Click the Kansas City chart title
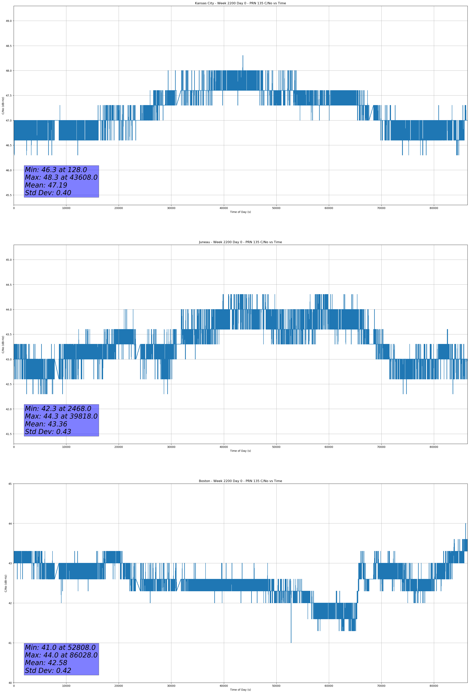(240, 3)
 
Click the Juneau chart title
(240, 242)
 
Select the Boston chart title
(240, 481)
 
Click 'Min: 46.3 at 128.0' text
(56, 170)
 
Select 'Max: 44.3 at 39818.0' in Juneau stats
(61, 416)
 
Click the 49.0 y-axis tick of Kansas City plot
(9, 21)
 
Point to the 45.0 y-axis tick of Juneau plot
(9, 260)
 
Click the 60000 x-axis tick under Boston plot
(329, 686)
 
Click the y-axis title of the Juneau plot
(3, 344)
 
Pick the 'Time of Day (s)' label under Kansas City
(240, 212)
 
